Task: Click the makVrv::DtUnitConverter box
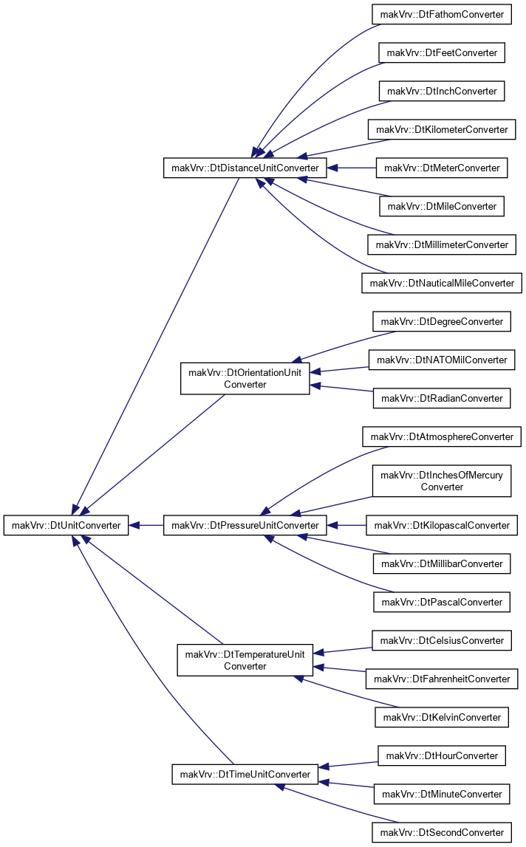click(x=66, y=525)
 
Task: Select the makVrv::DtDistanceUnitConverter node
click(x=245, y=168)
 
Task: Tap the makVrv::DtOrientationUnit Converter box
click(x=245, y=378)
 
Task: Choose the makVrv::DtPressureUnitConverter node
click(x=245, y=525)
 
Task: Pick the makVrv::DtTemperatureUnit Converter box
click(x=245, y=660)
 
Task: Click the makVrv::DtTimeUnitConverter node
click(x=245, y=774)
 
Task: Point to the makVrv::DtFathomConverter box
click(x=442, y=15)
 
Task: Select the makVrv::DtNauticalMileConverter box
click(x=442, y=283)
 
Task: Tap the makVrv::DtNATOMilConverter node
click(x=442, y=360)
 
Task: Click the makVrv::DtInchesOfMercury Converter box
click(x=442, y=481)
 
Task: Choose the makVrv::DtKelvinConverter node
click(x=442, y=717)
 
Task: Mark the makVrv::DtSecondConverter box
click(x=442, y=832)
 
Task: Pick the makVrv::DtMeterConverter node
click(x=442, y=168)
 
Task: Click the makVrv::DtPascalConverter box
click(x=442, y=603)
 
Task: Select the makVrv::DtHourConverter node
click(x=442, y=755)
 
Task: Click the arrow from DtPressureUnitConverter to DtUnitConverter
click(x=146, y=525)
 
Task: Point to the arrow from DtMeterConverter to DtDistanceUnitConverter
click(x=352, y=168)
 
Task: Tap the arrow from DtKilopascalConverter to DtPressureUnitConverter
click(x=346, y=525)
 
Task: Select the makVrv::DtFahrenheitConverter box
click(x=442, y=679)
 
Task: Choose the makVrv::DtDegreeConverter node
click(x=442, y=321)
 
